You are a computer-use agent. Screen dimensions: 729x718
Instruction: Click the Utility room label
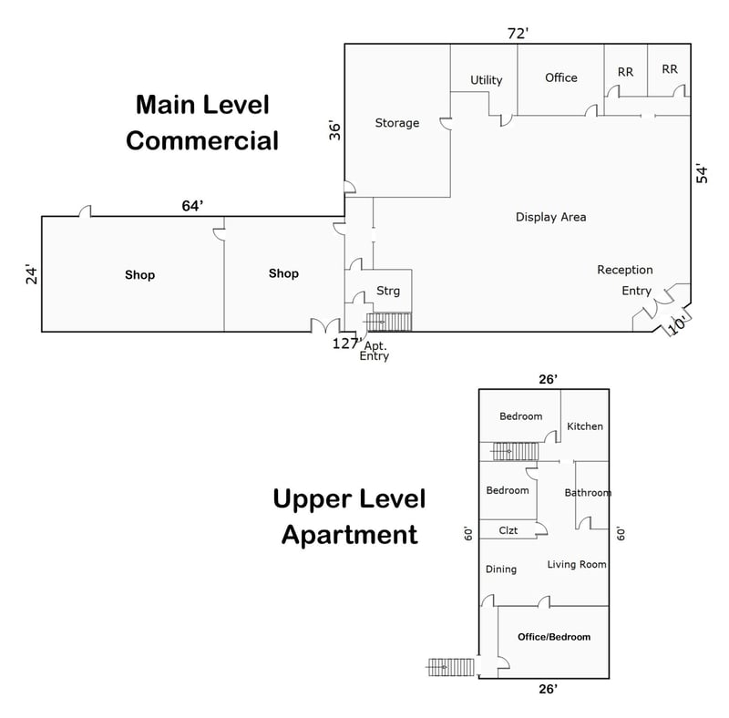pyautogui.click(x=487, y=80)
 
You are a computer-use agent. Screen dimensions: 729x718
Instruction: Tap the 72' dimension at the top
pyautogui.click(x=518, y=34)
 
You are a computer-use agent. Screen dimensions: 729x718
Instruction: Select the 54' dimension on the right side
pyautogui.click(x=702, y=174)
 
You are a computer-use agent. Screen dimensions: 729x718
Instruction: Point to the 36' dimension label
pyautogui.click(x=334, y=130)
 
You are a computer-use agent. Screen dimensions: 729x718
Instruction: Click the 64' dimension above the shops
pyautogui.click(x=192, y=206)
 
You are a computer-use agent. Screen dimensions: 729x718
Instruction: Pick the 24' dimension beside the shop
pyautogui.click(x=31, y=275)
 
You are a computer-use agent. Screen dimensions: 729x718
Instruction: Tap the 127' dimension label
pyautogui.click(x=347, y=344)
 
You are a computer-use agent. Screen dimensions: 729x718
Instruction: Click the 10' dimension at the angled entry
pyautogui.click(x=677, y=324)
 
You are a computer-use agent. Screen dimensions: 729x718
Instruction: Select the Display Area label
pyautogui.click(x=551, y=217)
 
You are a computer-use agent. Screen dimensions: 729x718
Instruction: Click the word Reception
pyautogui.click(x=625, y=271)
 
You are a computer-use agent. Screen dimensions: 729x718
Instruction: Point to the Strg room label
pyautogui.click(x=388, y=291)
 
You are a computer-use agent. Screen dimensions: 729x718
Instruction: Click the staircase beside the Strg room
pyautogui.click(x=389, y=322)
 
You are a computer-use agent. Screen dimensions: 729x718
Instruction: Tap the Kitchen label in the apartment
pyautogui.click(x=585, y=426)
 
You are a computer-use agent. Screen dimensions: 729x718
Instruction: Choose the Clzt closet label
pyautogui.click(x=508, y=530)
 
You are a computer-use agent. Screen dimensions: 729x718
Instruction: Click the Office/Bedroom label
pyautogui.click(x=554, y=637)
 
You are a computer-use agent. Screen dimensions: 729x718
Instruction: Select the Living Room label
pyautogui.click(x=577, y=565)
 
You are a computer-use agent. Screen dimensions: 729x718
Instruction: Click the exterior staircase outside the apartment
pyautogui.click(x=451, y=667)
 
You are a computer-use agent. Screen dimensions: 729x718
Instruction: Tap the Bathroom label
pyautogui.click(x=588, y=493)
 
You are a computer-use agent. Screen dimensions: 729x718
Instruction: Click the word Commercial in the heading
pyautogui.click(x=202, y=141)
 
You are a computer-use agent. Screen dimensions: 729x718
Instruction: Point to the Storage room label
pyautogui.click(x=397, y=123)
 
